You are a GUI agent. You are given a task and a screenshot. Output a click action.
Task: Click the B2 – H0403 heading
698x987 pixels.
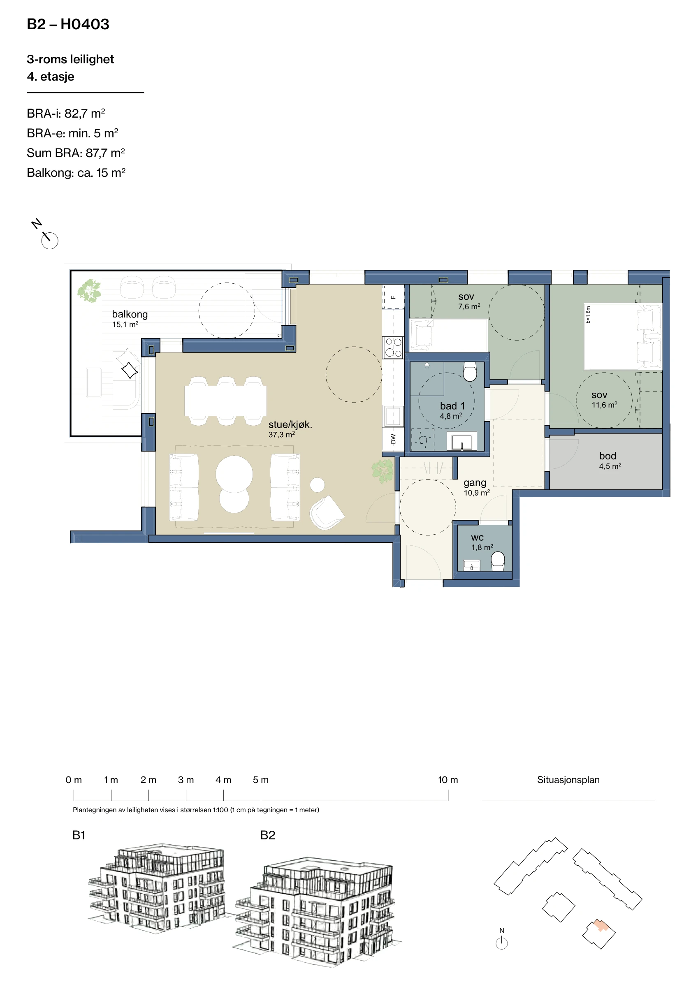point(68,24)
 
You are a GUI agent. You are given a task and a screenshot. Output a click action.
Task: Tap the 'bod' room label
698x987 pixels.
point(607,456)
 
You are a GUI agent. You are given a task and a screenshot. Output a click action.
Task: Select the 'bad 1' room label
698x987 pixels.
point(452,406)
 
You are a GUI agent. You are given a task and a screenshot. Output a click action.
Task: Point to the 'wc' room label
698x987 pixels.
point(478,538)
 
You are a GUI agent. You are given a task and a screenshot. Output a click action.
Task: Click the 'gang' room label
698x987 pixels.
point(475,483)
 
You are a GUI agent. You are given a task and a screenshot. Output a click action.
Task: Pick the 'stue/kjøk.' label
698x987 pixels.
point(290,425)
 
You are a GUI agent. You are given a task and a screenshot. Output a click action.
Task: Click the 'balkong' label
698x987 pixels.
point(130,314)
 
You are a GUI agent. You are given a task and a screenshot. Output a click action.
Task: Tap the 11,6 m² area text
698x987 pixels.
point(604,405)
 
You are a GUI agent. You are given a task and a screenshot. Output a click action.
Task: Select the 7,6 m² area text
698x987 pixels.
point(469,306)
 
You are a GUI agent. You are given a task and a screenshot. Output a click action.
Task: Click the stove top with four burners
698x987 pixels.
point(393,348)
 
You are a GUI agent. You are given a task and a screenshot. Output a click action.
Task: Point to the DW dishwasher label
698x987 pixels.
point(393,438)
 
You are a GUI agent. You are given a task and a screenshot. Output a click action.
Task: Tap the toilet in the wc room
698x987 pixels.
point(498,561)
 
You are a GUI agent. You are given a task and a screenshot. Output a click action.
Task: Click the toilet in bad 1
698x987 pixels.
point(470,371)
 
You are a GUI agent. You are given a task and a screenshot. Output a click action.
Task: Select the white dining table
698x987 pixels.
point(225,401)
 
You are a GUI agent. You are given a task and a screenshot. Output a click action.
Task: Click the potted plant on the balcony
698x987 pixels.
point(89,291)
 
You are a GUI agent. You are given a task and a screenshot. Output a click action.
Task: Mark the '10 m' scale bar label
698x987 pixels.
point(448,780)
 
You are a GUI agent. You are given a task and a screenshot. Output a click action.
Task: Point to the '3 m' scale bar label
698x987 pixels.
point(186,780)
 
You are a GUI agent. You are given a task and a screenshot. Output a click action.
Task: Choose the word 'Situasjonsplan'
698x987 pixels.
point(568,780)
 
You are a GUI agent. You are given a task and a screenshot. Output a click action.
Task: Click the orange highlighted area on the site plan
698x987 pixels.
point(601,926)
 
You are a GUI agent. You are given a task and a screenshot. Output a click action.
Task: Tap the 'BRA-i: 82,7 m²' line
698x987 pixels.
point(66,114)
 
